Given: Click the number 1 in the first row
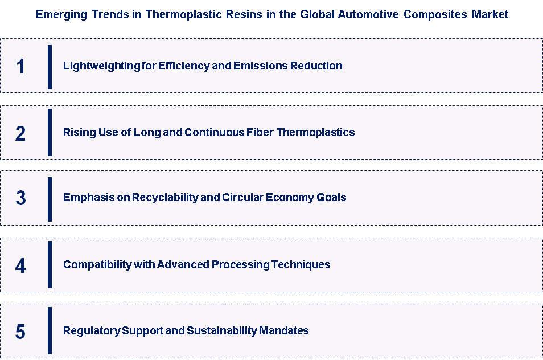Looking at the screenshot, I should [x=21, y=67].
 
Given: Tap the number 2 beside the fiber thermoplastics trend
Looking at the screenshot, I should [x=21, y=133].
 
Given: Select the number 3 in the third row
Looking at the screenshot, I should [x=21, y=198].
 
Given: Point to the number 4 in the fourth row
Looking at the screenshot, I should [x=21, y=265].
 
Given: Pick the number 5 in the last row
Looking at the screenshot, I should [x=21, y=331].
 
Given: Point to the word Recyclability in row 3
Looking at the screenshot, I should [x=162, y=198].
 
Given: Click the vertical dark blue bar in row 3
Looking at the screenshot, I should [x=50, y=198].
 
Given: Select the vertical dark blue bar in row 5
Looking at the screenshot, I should [x=50, y=331].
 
